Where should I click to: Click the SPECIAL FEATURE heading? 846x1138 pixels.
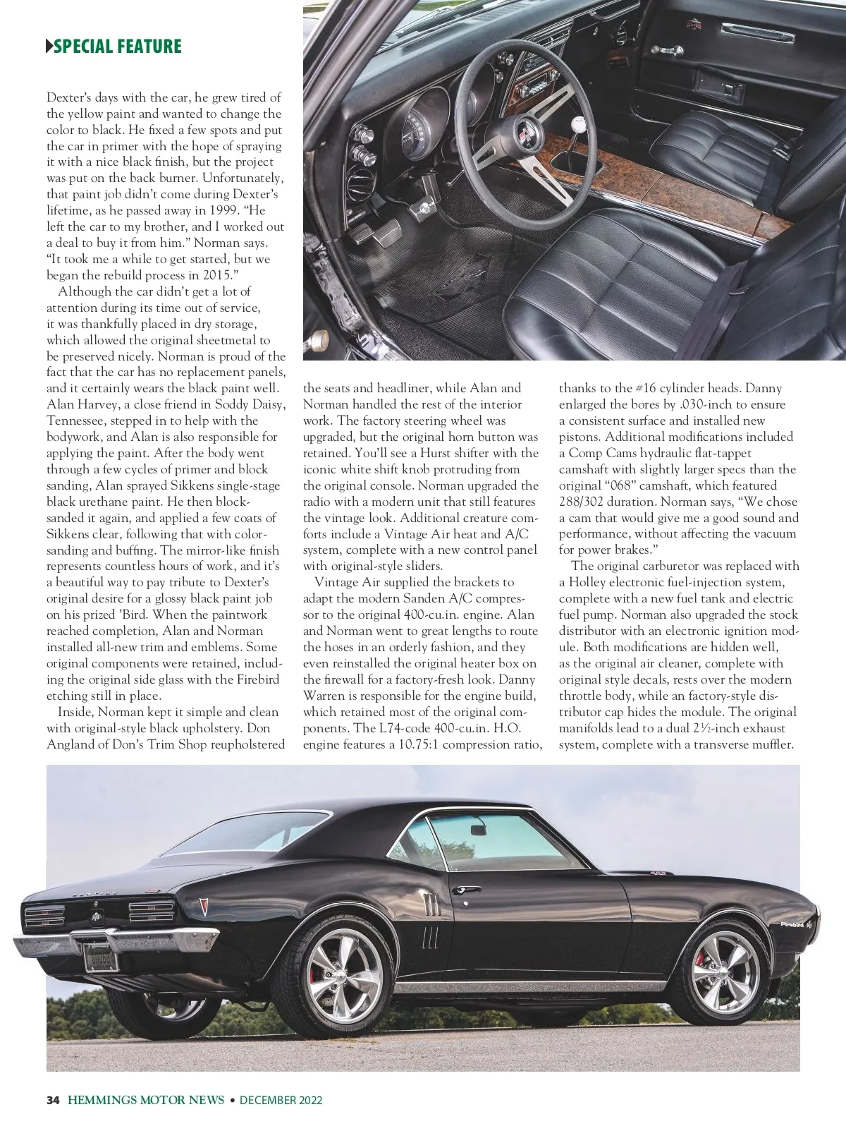[x=117, y=47]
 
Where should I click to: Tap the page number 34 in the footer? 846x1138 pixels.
[x=52, y=1100]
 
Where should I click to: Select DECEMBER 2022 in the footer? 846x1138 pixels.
[x=281, y=1100]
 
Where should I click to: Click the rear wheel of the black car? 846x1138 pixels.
[x=345, y=968]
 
